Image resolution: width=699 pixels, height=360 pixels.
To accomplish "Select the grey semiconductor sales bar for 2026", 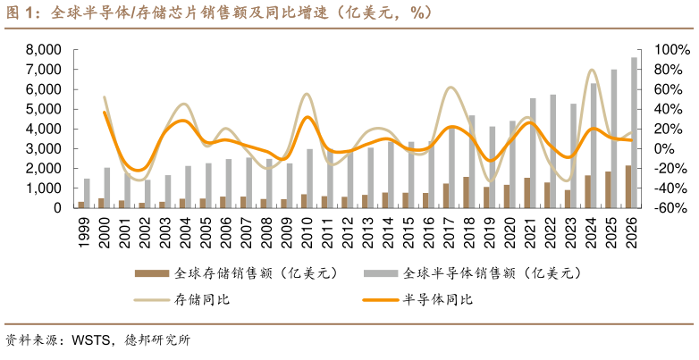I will [x=634, y=133].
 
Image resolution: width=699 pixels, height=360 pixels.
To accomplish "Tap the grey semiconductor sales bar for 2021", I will [x=533, y=153].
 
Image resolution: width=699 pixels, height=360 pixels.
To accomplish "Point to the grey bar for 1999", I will [x=88, y=193].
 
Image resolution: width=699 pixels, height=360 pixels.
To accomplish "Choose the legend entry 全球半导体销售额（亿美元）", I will [x=482, y=272].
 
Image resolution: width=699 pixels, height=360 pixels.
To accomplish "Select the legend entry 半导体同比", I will [x=437, y=299].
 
